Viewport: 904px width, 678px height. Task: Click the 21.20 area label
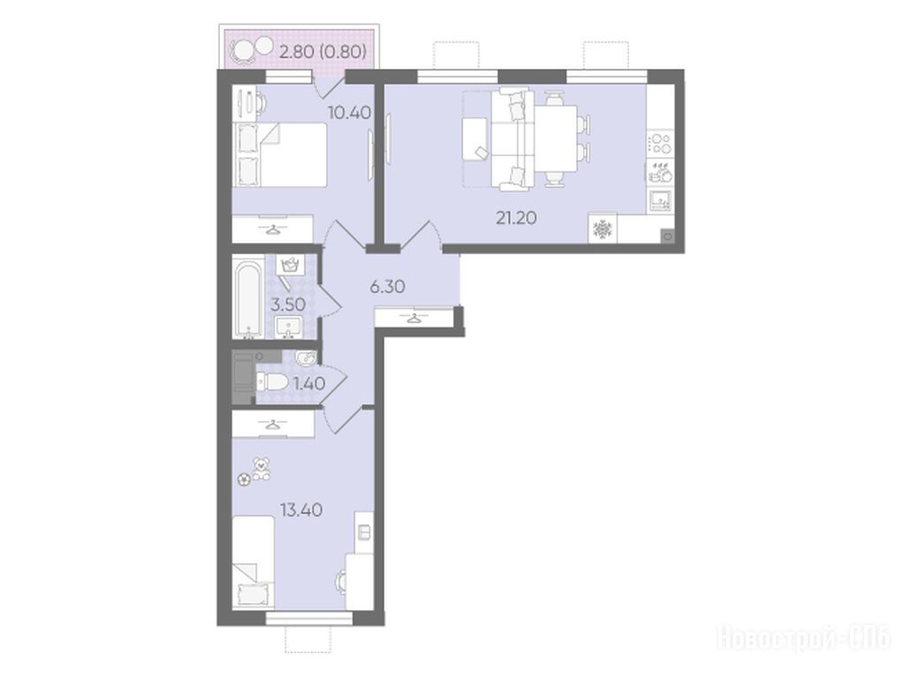(516, 218)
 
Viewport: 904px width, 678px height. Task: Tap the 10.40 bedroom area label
(349, 112)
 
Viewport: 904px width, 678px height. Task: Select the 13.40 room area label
(301, 509)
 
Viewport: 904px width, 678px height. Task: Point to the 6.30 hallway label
(387, 286)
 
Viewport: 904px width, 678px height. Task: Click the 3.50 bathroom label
(288, 305)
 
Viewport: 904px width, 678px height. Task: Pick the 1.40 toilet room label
(309, 383)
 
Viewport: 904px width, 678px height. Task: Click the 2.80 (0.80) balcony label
(323, 52)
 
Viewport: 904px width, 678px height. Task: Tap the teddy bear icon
(262, 469)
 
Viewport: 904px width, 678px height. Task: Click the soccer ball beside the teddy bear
(245, 478)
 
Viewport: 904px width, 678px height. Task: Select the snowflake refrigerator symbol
(603, 230)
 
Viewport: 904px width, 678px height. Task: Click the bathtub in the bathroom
(248, 299)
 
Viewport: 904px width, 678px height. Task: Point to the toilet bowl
(271, 381)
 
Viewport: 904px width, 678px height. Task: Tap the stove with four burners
(660, 143)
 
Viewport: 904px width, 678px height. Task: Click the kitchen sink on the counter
(660, 200)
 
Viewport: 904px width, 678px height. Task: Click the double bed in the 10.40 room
(279, 154)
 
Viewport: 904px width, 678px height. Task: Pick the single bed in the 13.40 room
(253, 561)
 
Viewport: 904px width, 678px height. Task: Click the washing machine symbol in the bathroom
(289, 265)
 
